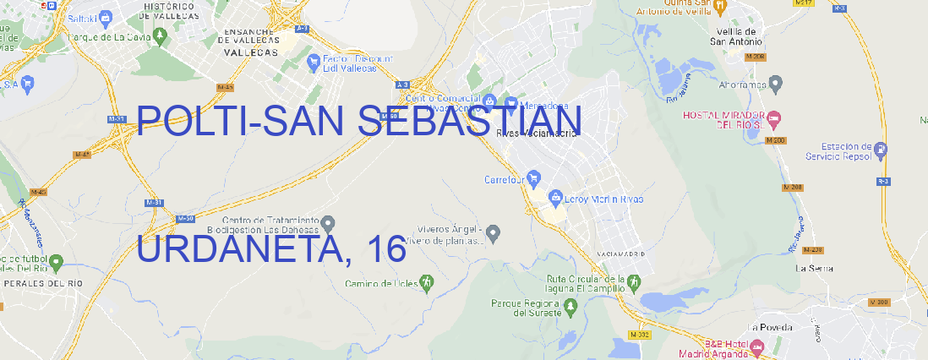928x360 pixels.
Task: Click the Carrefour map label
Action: click(505, 179)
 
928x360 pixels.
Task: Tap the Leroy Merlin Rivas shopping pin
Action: click(555, 199)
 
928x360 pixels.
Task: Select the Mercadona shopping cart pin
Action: click(511, 103)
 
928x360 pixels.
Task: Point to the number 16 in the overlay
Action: click(386, 248)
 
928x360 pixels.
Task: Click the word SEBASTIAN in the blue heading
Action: click(469, 122)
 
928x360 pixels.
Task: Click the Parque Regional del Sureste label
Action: click(526, 307)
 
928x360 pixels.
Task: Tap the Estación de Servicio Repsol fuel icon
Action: click(882, 150)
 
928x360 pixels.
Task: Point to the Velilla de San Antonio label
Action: click(735, 35)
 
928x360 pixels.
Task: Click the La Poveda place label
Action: click(770, 327)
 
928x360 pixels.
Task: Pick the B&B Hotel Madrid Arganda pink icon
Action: click(758, 346)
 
